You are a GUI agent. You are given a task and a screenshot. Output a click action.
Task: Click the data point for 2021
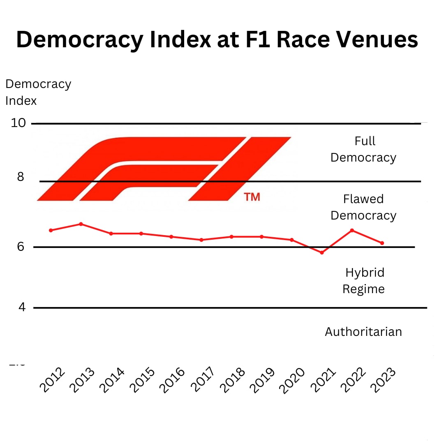[x=322, y=252]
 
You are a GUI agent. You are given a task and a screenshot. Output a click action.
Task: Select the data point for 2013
[x=81, y=224]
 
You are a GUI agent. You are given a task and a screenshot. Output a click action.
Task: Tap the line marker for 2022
[x=352, y=230]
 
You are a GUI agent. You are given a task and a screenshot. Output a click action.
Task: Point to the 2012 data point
[x=51, y=230]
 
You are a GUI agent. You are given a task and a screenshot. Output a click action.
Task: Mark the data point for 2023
[x=382, y=243]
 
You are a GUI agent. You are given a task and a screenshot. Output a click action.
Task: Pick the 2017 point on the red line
[x=201, y=240]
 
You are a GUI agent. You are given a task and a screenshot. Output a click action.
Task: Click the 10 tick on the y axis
[x=18, y=123]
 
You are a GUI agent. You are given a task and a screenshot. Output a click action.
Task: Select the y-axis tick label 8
[x=21, y=177]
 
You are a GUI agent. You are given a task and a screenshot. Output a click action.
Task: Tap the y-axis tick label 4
[x=21, y=307]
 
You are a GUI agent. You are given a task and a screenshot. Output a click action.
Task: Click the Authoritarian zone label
[x=363, y=332]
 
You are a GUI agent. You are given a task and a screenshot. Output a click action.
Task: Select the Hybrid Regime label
[x=364, y=281]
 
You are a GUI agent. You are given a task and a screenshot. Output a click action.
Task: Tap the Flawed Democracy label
[x=363, y=207]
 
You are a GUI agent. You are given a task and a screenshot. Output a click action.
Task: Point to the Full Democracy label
[x=363, y=149]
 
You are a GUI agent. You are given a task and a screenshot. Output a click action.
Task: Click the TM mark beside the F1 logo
[x=252, y=197]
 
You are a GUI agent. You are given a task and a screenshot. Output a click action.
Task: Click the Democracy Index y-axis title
[x=38, y=92]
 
